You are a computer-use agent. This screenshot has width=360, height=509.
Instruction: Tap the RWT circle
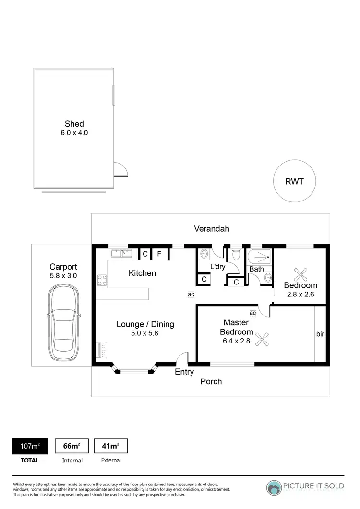295,182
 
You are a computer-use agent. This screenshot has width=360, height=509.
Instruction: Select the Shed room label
74,124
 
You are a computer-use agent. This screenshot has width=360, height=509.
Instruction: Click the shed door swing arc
120,170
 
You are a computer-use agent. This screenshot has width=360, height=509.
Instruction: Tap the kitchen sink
121,253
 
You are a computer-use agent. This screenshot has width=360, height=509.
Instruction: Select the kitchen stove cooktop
102,280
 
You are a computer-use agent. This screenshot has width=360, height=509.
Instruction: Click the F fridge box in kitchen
159,254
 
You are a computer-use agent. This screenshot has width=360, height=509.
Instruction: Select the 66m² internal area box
72,446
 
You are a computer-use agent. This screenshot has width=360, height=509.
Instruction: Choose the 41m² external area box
110,446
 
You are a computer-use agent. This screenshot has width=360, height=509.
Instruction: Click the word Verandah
210,228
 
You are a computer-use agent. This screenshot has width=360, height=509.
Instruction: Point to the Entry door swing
182,358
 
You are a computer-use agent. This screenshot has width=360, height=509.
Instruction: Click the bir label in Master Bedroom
320,333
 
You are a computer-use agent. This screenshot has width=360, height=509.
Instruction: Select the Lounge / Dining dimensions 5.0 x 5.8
145,334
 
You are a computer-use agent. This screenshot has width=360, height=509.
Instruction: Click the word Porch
211,381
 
